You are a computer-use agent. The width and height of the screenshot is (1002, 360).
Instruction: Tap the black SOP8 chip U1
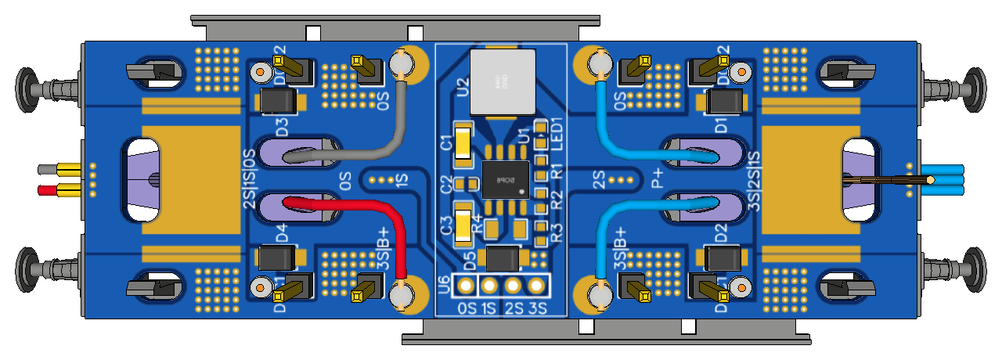(x=505, y=179)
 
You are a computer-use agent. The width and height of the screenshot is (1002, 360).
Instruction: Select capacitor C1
(x=463, y=143)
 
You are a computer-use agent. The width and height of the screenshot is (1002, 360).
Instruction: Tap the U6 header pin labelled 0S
(x=467, y=286)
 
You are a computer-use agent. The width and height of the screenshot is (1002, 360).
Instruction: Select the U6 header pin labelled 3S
(x=536, y=286)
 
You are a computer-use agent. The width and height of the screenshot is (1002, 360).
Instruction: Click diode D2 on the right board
(x=723, y=257)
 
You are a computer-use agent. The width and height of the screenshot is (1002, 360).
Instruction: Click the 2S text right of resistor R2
(x=600, y=180)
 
